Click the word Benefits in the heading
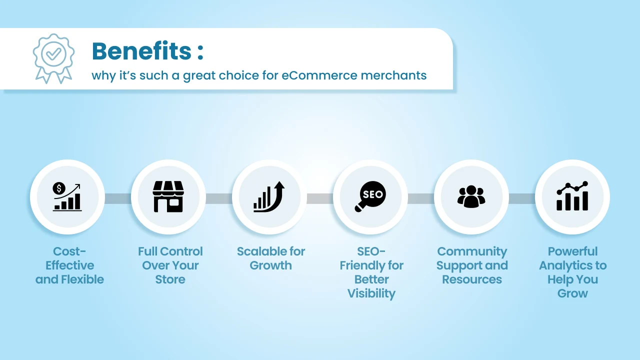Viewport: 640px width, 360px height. tap(141, 51)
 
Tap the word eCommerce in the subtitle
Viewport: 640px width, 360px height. tap(319, 75)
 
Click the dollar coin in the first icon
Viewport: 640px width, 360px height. tap(59, 188)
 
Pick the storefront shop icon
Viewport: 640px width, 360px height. tap(168, 196)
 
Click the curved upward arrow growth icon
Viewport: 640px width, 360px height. tap(269, 196)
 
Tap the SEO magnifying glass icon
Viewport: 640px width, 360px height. tap(370, 196)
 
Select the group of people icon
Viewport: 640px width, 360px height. tap(471, 196)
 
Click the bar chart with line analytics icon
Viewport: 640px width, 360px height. tap(572, 196)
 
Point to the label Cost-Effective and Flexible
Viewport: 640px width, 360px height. tap(69, 265)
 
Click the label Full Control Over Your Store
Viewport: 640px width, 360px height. tap(170, 265)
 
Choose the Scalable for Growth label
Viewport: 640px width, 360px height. tap(271, 258)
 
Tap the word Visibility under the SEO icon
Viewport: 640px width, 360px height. tap(371, 293)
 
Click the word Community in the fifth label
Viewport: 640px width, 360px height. tap(472, 251)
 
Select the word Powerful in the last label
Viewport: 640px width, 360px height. tap(572, 251)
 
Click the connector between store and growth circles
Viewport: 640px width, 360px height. tap(219, 198)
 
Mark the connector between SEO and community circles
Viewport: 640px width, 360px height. tap(421, 198)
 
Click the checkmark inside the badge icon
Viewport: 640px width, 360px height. tap(53, 53)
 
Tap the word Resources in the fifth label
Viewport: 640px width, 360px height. tap(472, 279)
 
